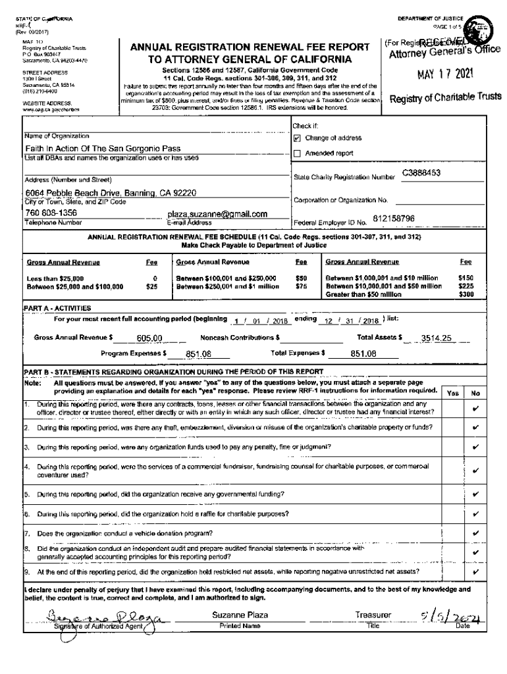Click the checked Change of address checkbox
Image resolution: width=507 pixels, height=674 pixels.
point(297,139)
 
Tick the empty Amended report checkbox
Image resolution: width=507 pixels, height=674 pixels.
point(297,153)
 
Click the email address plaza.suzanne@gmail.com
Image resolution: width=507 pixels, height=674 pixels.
point(217,214)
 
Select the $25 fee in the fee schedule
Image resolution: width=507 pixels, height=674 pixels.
point(151,287)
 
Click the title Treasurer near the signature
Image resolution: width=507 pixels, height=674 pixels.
point(373,615)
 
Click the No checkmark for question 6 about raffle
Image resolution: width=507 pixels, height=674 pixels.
point(475,513)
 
